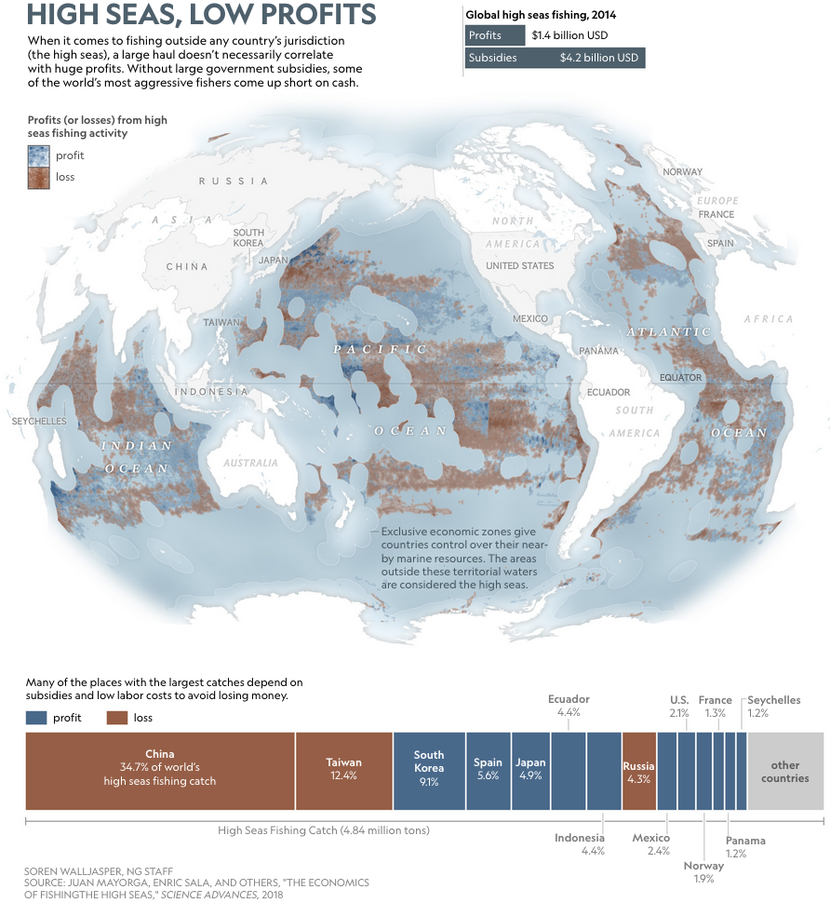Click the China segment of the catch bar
pos(159,769)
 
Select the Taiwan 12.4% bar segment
pos(342,769)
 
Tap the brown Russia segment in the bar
pos(638,769)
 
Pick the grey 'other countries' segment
pos(784,769)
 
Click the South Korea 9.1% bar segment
pos(428,769)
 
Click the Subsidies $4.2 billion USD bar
pos(554,58)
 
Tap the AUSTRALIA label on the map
pos(250,463)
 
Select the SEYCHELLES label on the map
pos(38,422)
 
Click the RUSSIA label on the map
pos(234,181)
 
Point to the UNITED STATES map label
pos(519,266)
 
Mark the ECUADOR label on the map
pos(609,393)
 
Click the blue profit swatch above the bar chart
pos(36,718)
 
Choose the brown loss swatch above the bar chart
pos(116,718)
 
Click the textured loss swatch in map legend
pos(38,177)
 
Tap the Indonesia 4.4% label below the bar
pos(580,843)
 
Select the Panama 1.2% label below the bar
pos(745,846)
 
